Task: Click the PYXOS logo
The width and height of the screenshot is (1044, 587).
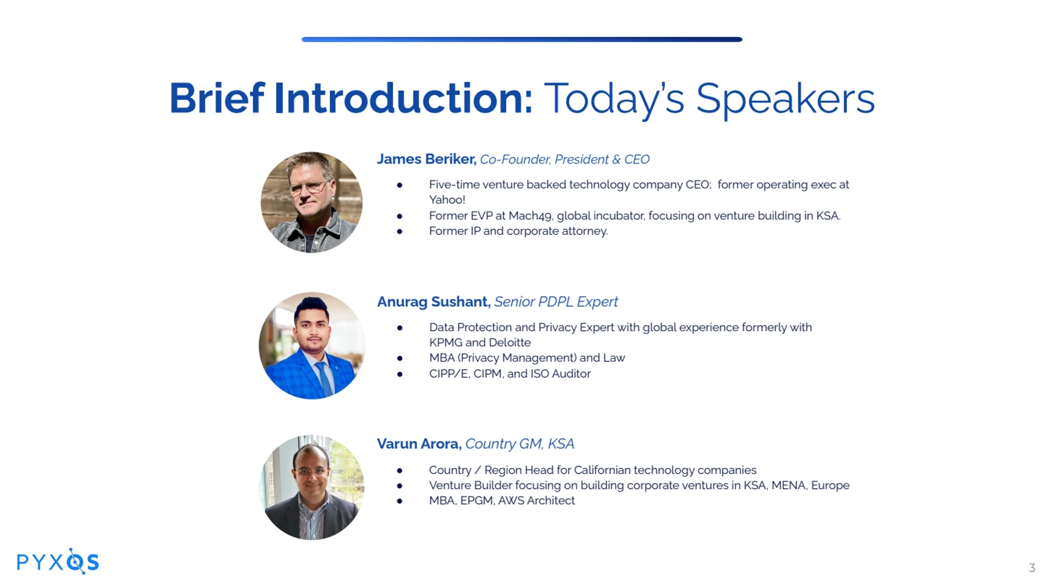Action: click(58, 562)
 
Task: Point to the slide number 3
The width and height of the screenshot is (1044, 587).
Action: click(1032, 568)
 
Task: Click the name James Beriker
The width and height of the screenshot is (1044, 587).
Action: click(427, 159)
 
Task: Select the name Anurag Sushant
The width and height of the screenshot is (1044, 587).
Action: click(434, 302)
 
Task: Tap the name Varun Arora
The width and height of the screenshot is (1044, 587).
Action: click(419, 444)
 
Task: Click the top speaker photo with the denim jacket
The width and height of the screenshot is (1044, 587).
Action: click(311, 202)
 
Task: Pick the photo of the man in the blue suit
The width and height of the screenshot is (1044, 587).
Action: click(311, 345)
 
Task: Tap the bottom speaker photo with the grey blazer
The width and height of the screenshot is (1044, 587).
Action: click(312, 487)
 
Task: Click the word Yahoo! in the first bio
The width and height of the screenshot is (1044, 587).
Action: click(447, 200)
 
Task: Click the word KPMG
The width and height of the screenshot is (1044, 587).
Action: click(446, 342)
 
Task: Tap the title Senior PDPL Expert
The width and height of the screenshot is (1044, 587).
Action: click(556, 302)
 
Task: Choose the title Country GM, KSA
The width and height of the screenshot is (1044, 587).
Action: click(519, 444)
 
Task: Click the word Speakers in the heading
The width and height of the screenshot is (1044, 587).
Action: click(785, 99)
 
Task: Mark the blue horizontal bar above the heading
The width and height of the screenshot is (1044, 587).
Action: click(521, 39)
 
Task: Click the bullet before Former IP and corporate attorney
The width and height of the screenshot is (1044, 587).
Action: click(400, 231)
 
